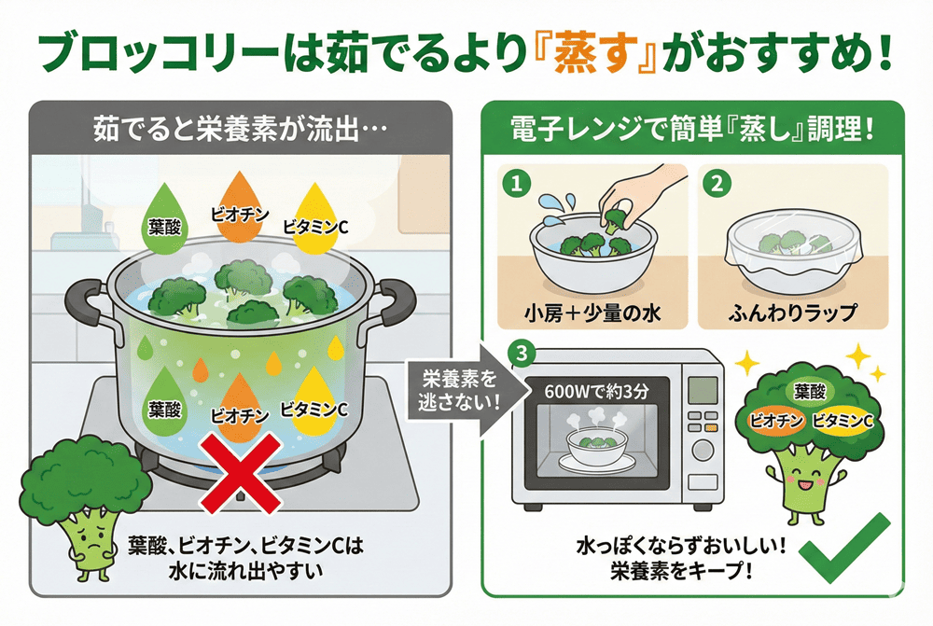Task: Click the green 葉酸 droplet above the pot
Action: pos(164,221)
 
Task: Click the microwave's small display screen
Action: pos(701,388)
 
